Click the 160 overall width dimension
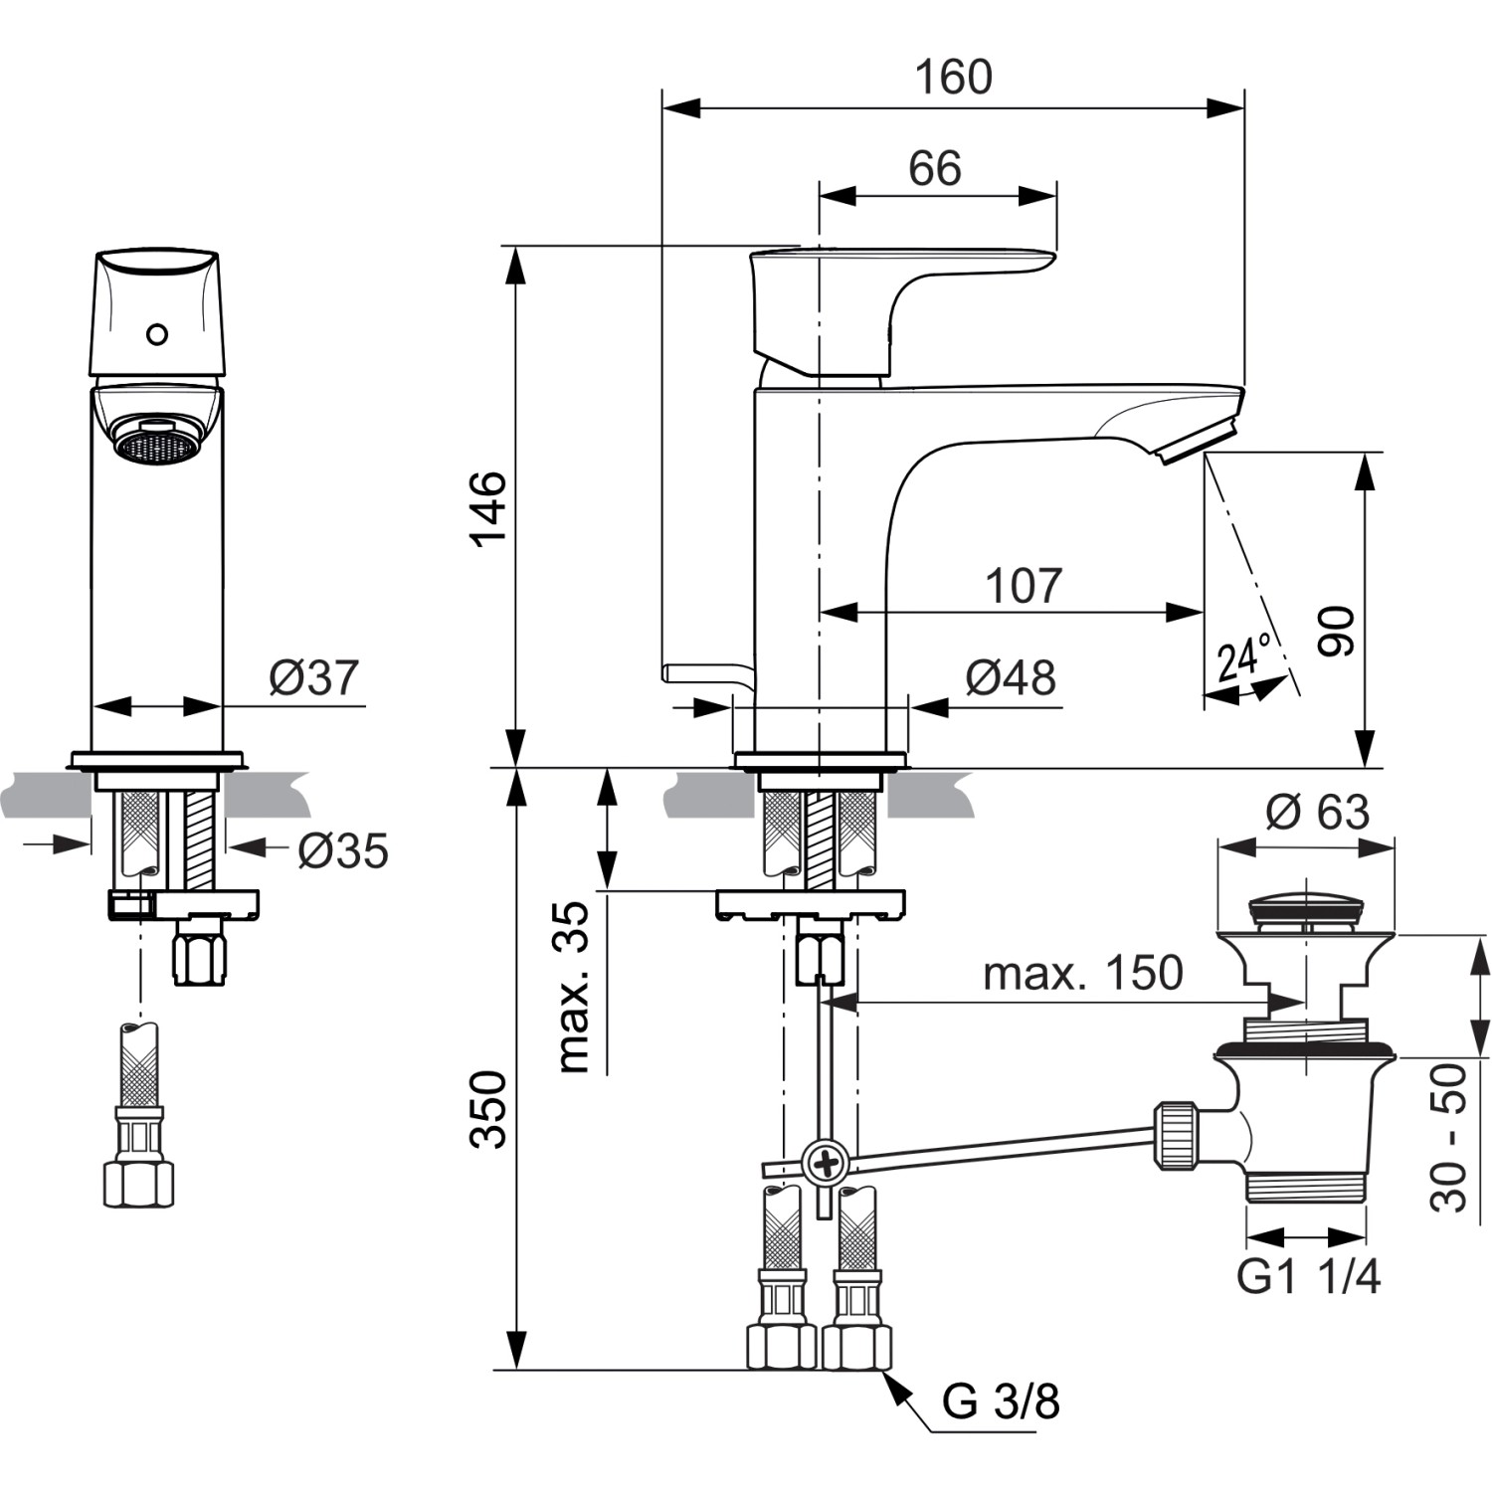pos(953,78)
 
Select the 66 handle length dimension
pos(934,168)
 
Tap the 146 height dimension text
pos(488,508)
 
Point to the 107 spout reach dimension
pos(1023,586)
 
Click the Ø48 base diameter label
pos(1010,678)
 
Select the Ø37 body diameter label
pos(313,677)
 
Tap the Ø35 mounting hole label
pos(343,850)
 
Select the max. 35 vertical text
pos(574,987)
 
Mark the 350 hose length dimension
pos(488,1109)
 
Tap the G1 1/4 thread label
pos(1308,1276)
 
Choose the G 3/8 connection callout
pos(1000,1402)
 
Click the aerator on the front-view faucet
pos(157,441)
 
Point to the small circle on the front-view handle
pos(157,334)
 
